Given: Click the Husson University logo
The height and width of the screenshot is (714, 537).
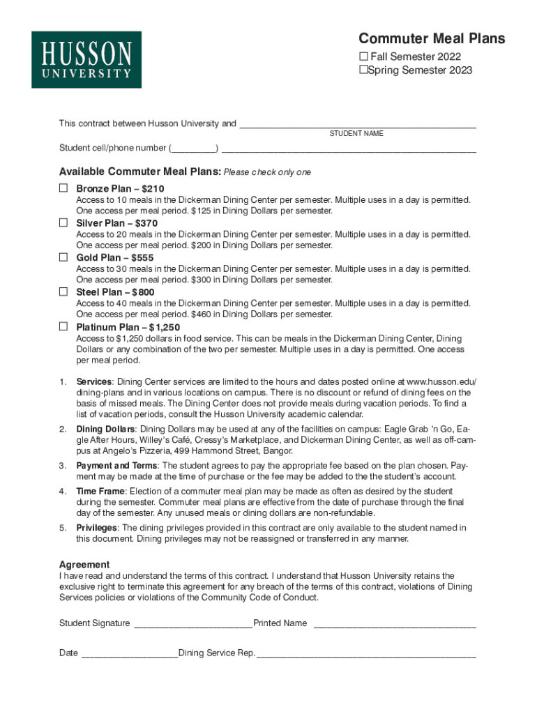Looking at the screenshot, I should [x=86, y=59].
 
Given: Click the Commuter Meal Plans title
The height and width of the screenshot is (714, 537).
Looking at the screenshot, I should [x=432, y=39].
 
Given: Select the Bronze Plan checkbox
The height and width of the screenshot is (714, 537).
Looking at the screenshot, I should [x=63, y=188].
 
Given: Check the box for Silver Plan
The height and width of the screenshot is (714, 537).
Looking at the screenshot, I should [x=63, y=222].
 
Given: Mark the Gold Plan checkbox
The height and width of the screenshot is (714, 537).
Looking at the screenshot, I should [x=63, y=257].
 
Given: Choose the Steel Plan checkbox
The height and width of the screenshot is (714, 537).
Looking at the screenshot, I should [x=63, y=291].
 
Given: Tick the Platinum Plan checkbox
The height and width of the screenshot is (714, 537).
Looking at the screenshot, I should [x=63, y=326].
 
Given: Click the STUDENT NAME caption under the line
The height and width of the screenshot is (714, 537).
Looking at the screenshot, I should [x=356, y=133].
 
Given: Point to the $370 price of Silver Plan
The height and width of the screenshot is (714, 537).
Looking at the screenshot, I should [x=146, y=223].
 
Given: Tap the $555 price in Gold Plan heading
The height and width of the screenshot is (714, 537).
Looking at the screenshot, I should [x=142, y=258].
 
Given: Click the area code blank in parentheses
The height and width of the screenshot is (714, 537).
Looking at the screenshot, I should [x=193, y=149].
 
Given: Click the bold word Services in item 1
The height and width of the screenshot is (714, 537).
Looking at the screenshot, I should [x=94, y=381].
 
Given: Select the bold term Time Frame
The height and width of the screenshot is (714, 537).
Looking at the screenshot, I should [x=100, y=492].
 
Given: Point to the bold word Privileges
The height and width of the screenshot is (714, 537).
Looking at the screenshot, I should [x=97, y=528].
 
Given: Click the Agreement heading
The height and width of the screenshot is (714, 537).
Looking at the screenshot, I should [x=84, y=564].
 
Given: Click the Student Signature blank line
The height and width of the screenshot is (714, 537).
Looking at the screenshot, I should [x=192, y=624].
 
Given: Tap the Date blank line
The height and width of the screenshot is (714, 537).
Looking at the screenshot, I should [x=130, y=654].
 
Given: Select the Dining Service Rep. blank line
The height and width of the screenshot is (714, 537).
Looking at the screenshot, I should [x=367, y=654].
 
